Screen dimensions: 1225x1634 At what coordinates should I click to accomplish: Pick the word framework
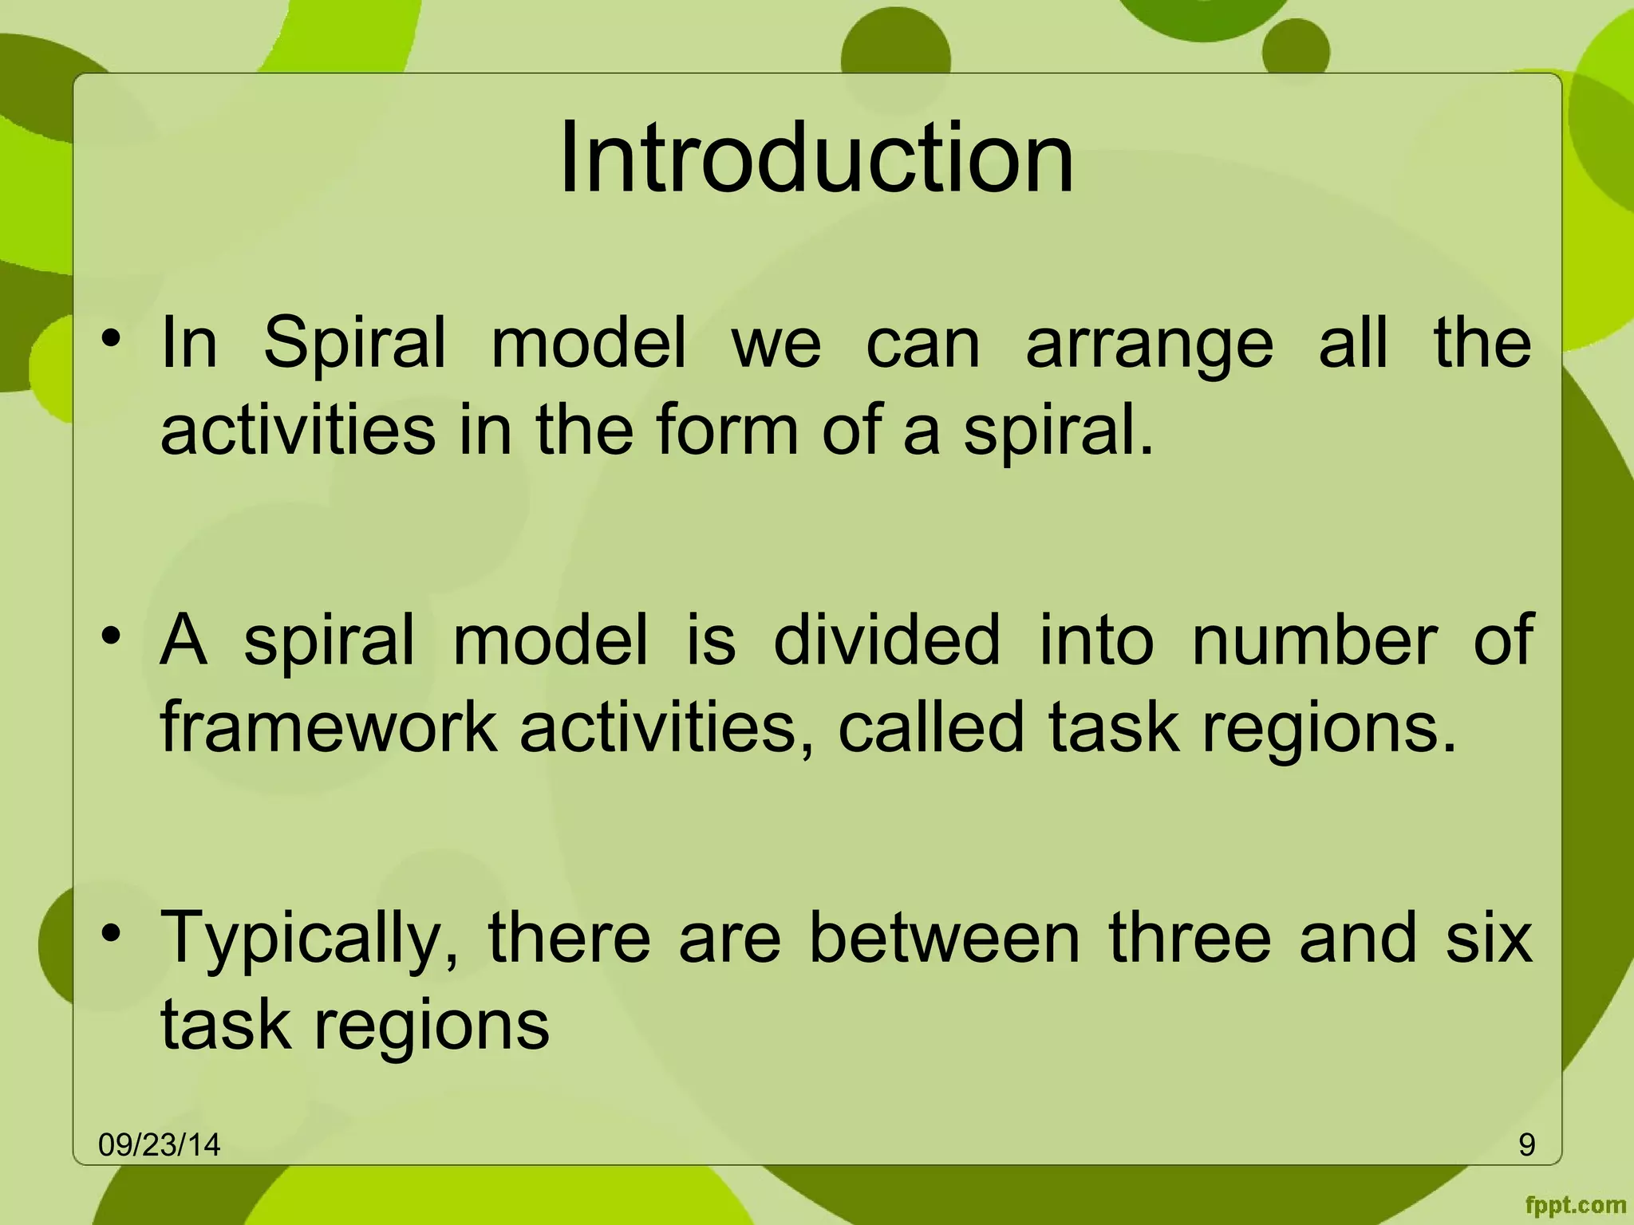pyautogui.click(x=329, y=727)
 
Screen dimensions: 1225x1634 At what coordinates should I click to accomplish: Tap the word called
pyautogui.click(x=930, y=727)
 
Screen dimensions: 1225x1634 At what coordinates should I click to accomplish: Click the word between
pyautogui.click(x=945, y=938)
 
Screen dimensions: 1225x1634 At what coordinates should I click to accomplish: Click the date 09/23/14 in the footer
pyautogui.click(x=159, y=1145)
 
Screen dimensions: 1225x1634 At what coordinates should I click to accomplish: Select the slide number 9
pyautogui.click(x=1526, y=1145)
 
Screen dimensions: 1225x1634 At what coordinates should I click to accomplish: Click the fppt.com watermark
pyautogui.click(x=1575, y=1204)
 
